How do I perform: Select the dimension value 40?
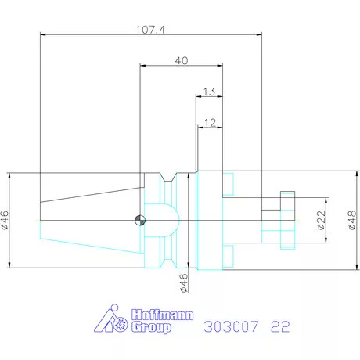(x=182, y=60)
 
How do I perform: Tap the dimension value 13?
(x=208, y=92)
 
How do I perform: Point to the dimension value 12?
(x=209, y=123)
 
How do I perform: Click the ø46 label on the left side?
(x=5, y=221)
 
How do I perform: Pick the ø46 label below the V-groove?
(x=185, y=281)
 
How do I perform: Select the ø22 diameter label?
(x=322, y=220)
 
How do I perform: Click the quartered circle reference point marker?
(x=139, y=219)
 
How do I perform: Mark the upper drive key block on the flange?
(x=228, y=183)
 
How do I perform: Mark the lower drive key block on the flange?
(x=228, y=256)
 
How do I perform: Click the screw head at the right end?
(x=286, y=219)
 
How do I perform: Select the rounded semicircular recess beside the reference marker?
(x=164, y=219)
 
